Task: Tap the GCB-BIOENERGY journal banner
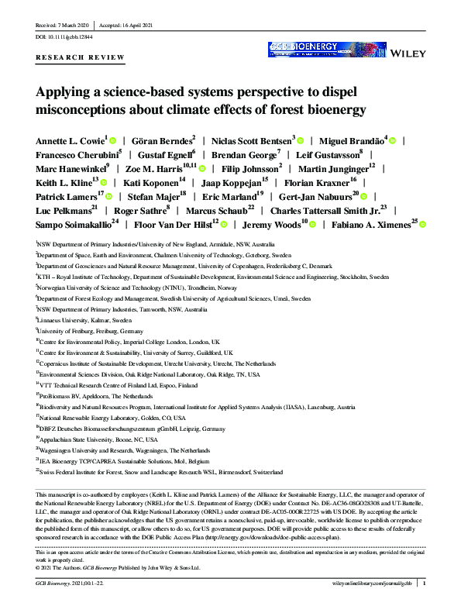tap(316, 48)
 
